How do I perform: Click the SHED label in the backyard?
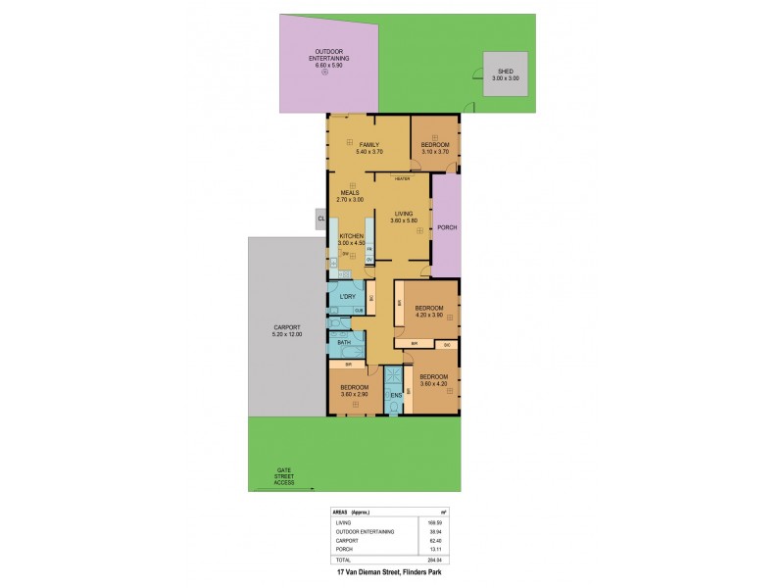tap(507, 72)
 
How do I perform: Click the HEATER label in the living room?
tap(402, 179)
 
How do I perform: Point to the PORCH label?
tap(447, 228)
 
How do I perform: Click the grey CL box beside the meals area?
tap(319, 219)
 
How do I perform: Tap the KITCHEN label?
tap(352, 237)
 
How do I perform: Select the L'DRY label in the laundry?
tap(346, 296)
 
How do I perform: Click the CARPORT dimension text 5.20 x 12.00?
tap(286, 335)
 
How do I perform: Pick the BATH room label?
tap(344, 342)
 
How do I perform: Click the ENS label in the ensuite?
tap(395, 396)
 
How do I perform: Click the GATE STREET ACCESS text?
tap(284, 477)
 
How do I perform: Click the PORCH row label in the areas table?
tap(344, 548)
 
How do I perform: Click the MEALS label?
tap(350, 193)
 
